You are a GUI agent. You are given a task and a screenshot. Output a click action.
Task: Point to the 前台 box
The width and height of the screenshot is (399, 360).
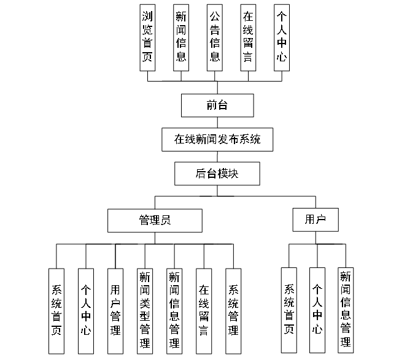(217, 105)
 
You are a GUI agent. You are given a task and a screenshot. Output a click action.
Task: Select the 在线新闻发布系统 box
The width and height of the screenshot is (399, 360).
(217, 139)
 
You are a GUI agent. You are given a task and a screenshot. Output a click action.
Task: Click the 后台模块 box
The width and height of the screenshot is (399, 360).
(217, 174)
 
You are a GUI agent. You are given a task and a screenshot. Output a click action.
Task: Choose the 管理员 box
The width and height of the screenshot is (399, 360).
(155, 220)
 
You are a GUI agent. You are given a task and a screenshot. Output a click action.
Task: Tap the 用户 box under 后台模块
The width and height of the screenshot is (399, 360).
(316, 220)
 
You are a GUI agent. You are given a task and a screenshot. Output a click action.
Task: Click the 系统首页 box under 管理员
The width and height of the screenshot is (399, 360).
(56, 311)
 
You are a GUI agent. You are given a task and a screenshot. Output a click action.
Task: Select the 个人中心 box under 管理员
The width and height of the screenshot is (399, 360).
(86, 311)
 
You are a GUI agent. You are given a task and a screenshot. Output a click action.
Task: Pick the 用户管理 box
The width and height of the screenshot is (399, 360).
(115, 311)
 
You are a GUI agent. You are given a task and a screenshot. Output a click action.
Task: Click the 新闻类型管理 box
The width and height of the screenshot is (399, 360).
(145, 311)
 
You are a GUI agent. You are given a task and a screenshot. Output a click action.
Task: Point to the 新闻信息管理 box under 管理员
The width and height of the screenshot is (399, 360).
(174, 311)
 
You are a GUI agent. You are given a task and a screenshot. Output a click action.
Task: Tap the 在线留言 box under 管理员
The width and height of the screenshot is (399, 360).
(204, 311)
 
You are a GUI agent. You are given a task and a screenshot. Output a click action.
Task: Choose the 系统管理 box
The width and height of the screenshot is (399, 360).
(233, 311)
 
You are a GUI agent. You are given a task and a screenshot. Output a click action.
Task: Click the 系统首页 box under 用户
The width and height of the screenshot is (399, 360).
(289, 310)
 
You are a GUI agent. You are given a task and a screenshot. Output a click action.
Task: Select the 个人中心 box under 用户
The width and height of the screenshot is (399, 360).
(317, 310)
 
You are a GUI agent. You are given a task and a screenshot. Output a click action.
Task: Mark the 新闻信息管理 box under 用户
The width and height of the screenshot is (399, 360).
(346, 310)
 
